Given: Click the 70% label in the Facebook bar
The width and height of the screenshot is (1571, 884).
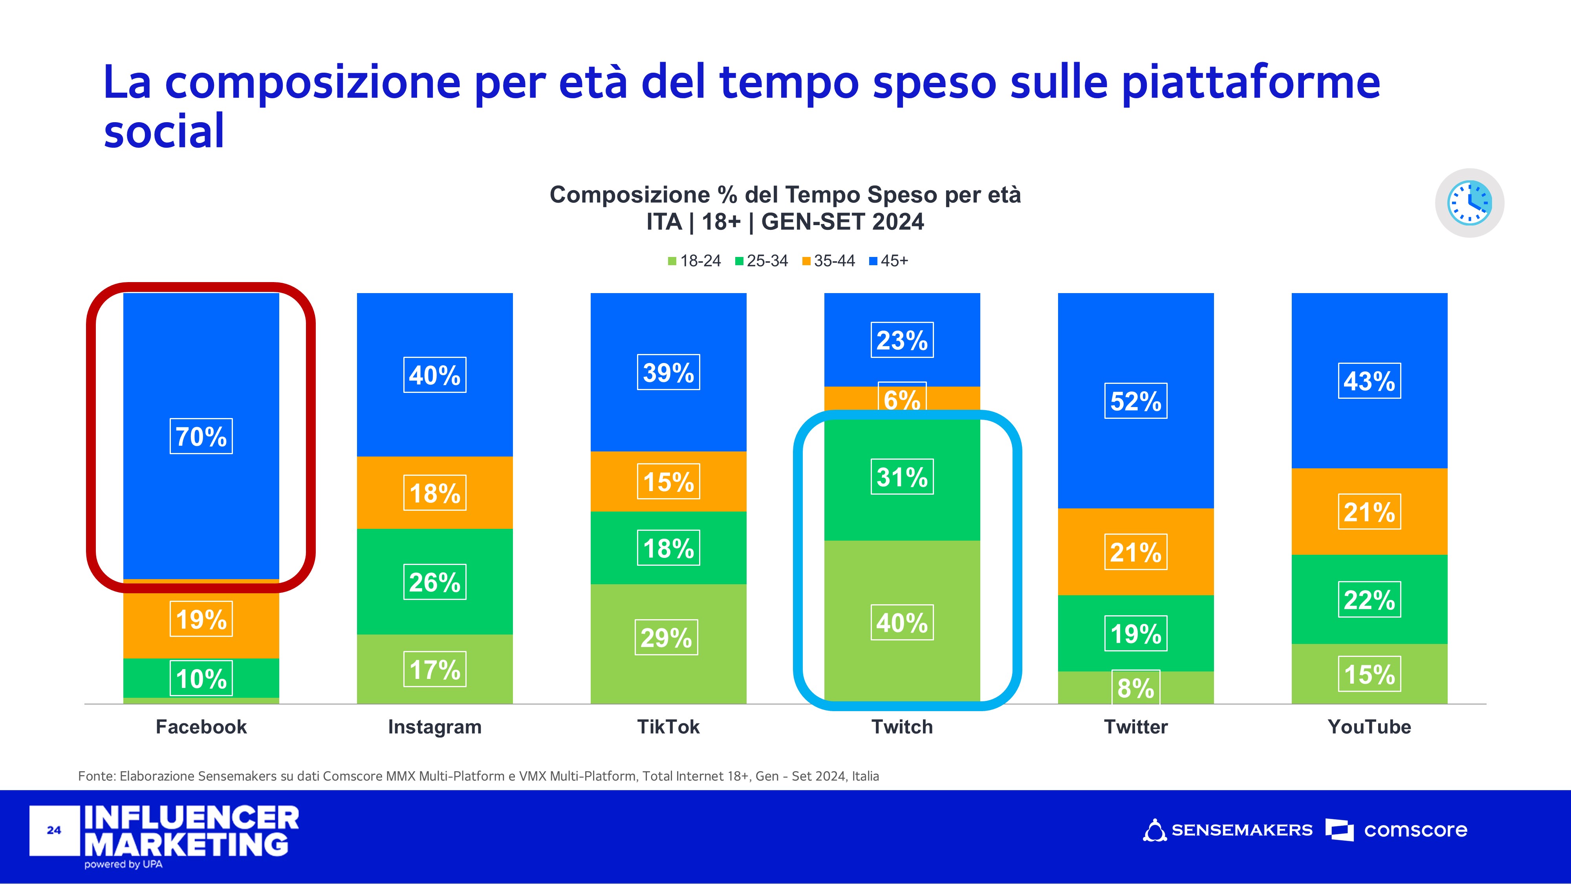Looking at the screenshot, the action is [201, 436].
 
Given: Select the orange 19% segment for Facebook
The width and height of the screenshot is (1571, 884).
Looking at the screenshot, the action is [201, 619].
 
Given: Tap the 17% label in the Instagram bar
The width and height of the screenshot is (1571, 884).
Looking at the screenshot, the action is [435, 669].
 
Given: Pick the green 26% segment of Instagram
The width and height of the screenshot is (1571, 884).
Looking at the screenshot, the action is [435, 581].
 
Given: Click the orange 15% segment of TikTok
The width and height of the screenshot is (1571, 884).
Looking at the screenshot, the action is [668, 481].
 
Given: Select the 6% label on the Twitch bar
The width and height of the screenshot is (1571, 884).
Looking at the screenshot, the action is [902, 399].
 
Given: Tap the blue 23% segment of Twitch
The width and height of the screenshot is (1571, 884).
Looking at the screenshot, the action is [902, 340].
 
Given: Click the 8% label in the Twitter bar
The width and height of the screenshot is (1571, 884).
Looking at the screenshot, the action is [1135, 688].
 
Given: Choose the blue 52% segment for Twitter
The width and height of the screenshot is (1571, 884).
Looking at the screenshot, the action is [1135, 401].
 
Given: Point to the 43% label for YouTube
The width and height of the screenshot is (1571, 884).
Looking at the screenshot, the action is [1369, 381].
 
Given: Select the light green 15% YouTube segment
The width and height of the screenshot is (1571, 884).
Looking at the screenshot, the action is [1369, 673].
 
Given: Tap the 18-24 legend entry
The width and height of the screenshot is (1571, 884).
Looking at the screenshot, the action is [695, 261].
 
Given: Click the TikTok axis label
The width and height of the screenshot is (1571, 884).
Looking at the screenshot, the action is [668, 726].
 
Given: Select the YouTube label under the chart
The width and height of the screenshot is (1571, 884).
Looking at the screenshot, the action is [1369, 726].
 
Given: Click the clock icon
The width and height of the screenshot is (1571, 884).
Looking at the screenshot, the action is [1470, 203].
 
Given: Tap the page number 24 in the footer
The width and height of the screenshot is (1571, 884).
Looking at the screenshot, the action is [54, 830].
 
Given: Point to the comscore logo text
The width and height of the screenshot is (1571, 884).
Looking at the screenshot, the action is [1415, 830].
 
